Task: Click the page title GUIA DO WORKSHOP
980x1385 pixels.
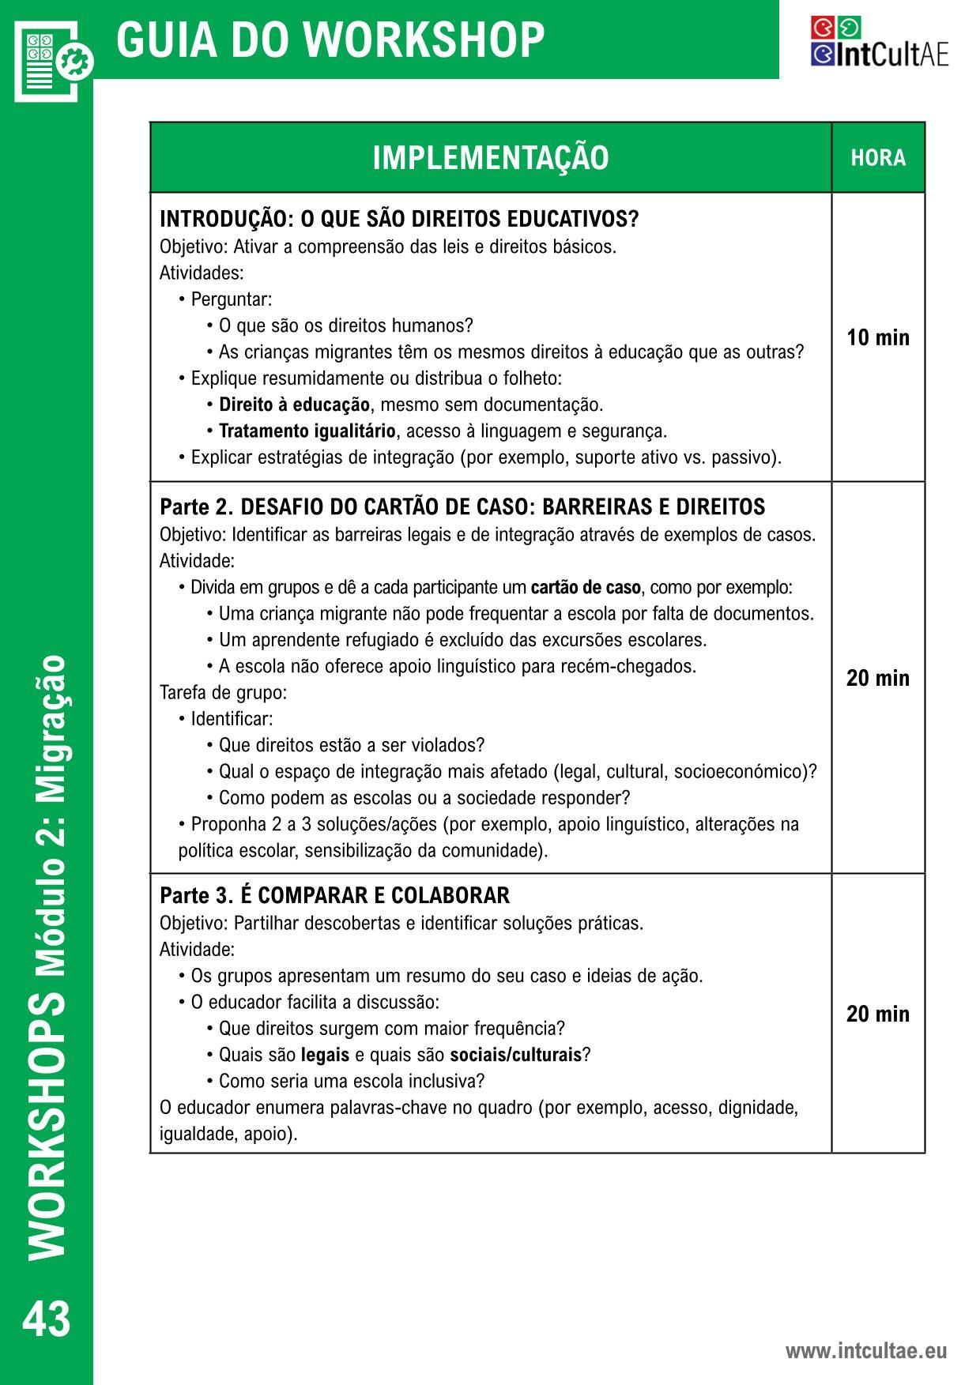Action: (x=330, y=40)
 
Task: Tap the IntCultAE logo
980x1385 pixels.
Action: (x=879, y=42)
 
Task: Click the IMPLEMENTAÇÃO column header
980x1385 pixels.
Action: (x=491, y=158)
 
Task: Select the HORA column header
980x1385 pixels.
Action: (x=878, y=158)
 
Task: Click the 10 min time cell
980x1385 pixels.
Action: (x=878, y=338)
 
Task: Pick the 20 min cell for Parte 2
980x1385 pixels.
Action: (x=878, y=678)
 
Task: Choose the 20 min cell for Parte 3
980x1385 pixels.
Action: (x=878, y=1014)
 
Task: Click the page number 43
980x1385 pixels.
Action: (x=47, y=1319)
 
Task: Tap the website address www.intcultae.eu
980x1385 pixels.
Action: (x=865, y=1351)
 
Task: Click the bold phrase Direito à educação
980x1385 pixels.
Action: (x=294, y=405)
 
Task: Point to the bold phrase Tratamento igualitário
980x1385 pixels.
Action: (x=307, y=431)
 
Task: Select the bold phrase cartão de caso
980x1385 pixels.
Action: (x=586, y=588)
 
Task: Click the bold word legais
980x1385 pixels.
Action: (x=325, y=1055)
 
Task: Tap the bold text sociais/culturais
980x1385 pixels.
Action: (x=515, y=1055)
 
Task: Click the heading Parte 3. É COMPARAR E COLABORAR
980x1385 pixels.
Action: (x=334, y=896)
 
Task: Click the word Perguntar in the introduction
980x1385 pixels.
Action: (x=231, y=300)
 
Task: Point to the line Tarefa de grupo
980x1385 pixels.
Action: (x=223, y=693)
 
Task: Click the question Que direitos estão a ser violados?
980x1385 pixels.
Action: (x=351, y=745)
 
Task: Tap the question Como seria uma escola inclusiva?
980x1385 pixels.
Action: (x=351, y=1081)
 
